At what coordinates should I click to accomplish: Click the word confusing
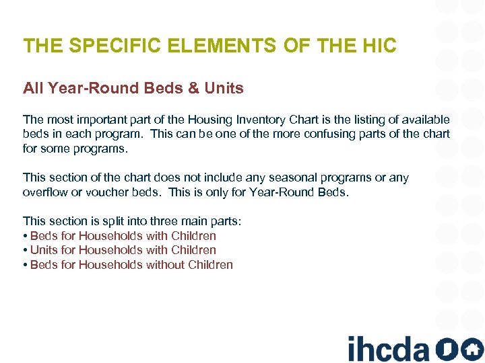315,134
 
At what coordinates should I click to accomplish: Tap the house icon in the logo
472,349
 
